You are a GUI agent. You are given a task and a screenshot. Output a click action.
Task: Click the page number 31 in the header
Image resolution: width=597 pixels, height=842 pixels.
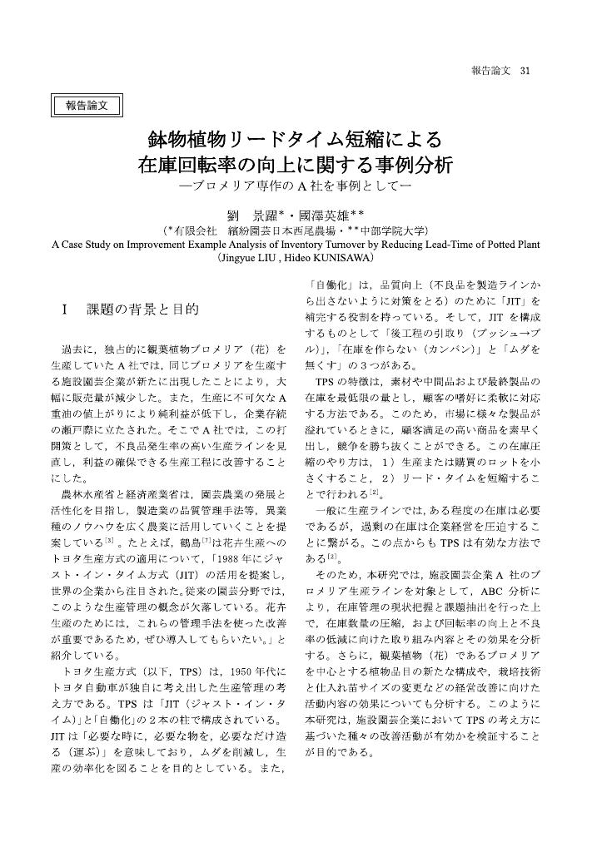point(525,70)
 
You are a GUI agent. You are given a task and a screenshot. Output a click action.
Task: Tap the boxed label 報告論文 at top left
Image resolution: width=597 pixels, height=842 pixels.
point(87,105)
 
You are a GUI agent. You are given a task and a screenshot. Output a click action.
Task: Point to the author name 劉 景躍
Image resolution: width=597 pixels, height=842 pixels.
point(256,211)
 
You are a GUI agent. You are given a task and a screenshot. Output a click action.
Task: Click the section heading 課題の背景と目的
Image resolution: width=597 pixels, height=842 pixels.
point(142,310)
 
